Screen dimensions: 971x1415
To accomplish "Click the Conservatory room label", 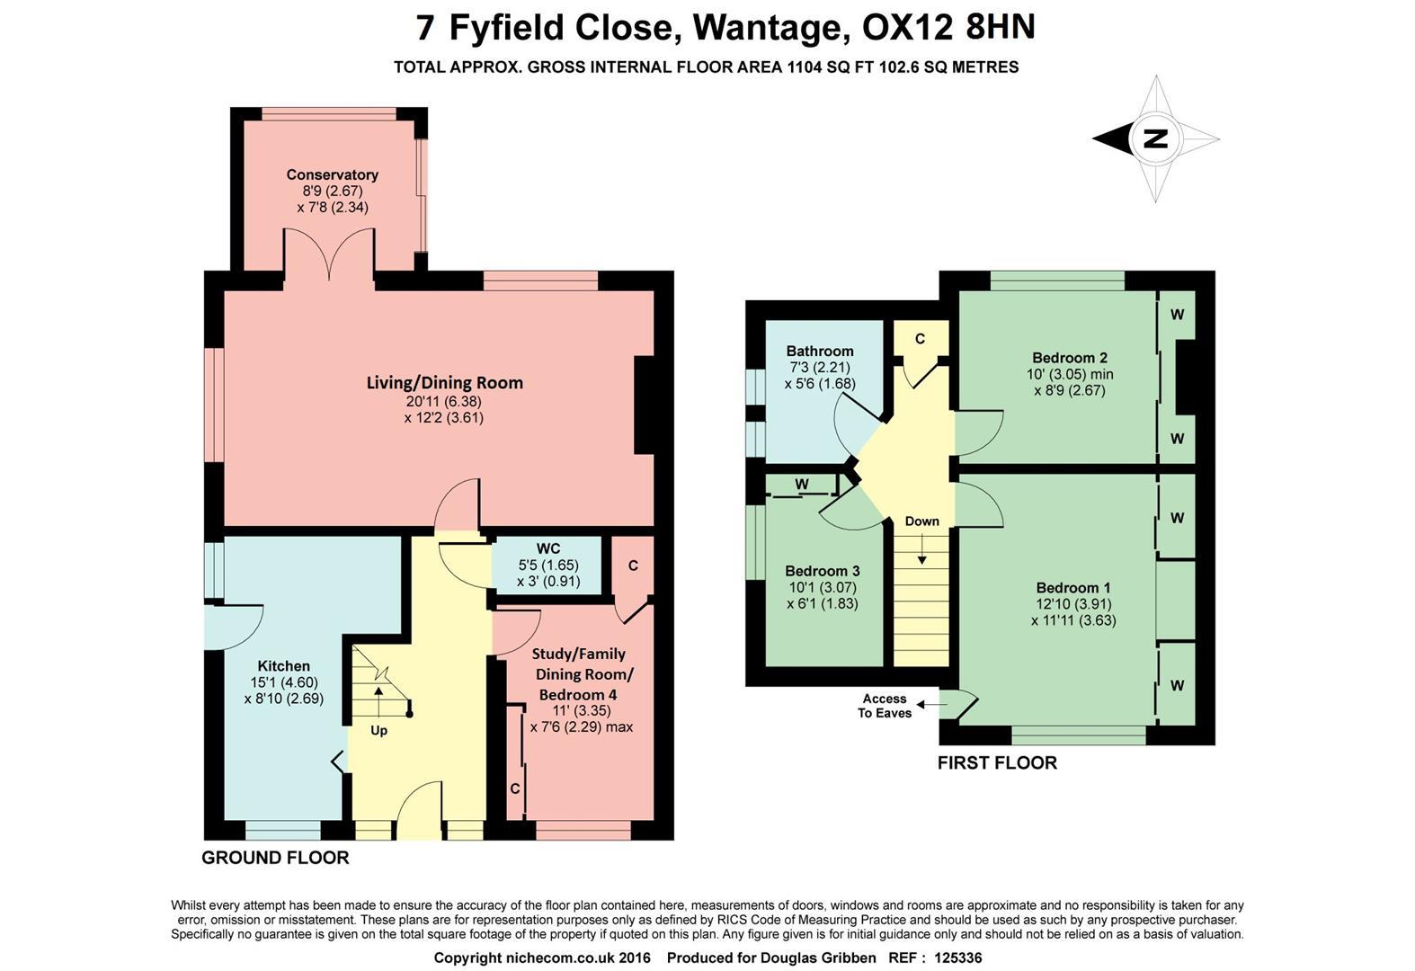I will [x=332, y=174].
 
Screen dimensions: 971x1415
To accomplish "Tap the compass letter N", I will [x=1155, y=138].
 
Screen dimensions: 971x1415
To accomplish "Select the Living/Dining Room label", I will [x=444, y=382].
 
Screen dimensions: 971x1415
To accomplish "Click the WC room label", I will [x=548, y=548].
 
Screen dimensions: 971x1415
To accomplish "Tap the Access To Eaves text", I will [x=885, y=706].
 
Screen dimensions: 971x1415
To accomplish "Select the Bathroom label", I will [x=819, y=351].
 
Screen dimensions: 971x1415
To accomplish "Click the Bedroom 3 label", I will [x=822, y=571].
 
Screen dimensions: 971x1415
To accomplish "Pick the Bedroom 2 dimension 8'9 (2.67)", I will [x=1069, y=390].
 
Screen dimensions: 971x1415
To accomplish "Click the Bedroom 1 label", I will [x=1072, y=587].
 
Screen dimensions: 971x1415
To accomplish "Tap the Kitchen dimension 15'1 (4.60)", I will [x=283, y=682].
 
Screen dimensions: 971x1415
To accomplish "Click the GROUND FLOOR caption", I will [x=275, y=858].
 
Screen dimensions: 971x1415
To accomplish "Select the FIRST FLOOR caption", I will [x=997, y=763].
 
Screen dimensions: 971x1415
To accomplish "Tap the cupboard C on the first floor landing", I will [x=920, y=339].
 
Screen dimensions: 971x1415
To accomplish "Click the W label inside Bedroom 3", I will [x=802, y=485].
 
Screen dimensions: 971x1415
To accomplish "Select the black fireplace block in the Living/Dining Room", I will [x=645, y=405].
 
